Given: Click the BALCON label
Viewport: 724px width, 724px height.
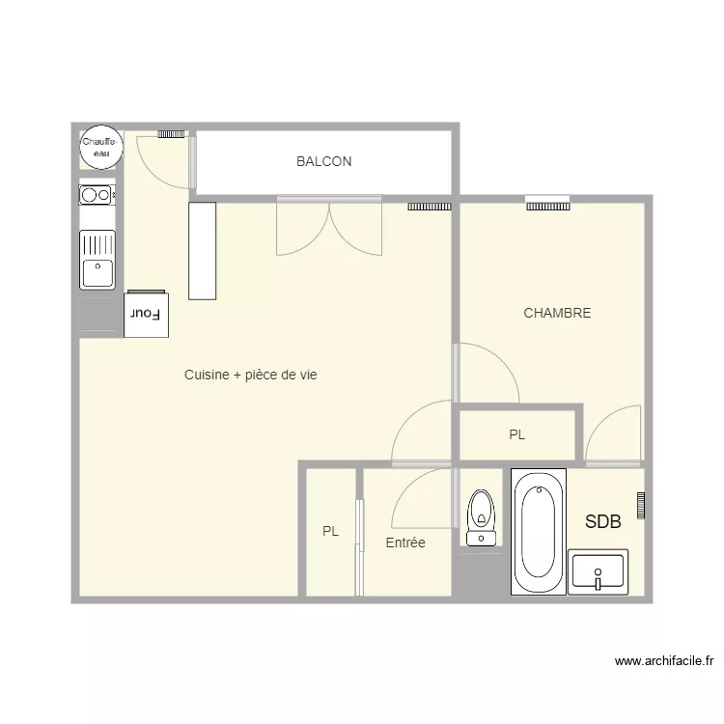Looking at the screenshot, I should click(x=323, y=162).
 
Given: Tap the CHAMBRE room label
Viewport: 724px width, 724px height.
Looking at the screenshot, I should click(x=557, y=313).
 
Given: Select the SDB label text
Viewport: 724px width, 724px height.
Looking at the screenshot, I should click(x=602, y=521).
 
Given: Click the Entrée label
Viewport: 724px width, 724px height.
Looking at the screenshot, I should click(x=405, y=543).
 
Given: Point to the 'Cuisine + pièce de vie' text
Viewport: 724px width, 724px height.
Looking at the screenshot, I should click(x=250, y=375).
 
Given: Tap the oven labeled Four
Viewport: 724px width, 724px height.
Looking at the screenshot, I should click(x=147, y=315).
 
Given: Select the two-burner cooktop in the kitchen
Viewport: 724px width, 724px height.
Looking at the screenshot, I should click(x=97, y=195).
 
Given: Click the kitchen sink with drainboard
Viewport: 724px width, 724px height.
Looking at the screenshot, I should click(x=97, y=260).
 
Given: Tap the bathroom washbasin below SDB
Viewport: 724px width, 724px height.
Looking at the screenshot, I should click(x=598, y=571).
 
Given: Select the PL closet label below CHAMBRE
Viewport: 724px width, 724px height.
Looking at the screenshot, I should click(x=517, y=435).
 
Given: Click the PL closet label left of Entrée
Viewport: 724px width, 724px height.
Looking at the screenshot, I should click(x=331, y=531).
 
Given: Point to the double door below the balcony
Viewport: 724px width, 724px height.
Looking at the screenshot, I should click(x=329, y=228).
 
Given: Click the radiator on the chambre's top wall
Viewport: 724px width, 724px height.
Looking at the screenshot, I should click(x=548, y=204).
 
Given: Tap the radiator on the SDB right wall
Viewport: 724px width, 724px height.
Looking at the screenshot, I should click(x=640, y=505).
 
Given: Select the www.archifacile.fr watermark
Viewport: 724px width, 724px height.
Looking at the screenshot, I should click(x=663, y=661).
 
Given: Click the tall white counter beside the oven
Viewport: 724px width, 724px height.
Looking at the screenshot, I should click(x=202, y=251).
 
